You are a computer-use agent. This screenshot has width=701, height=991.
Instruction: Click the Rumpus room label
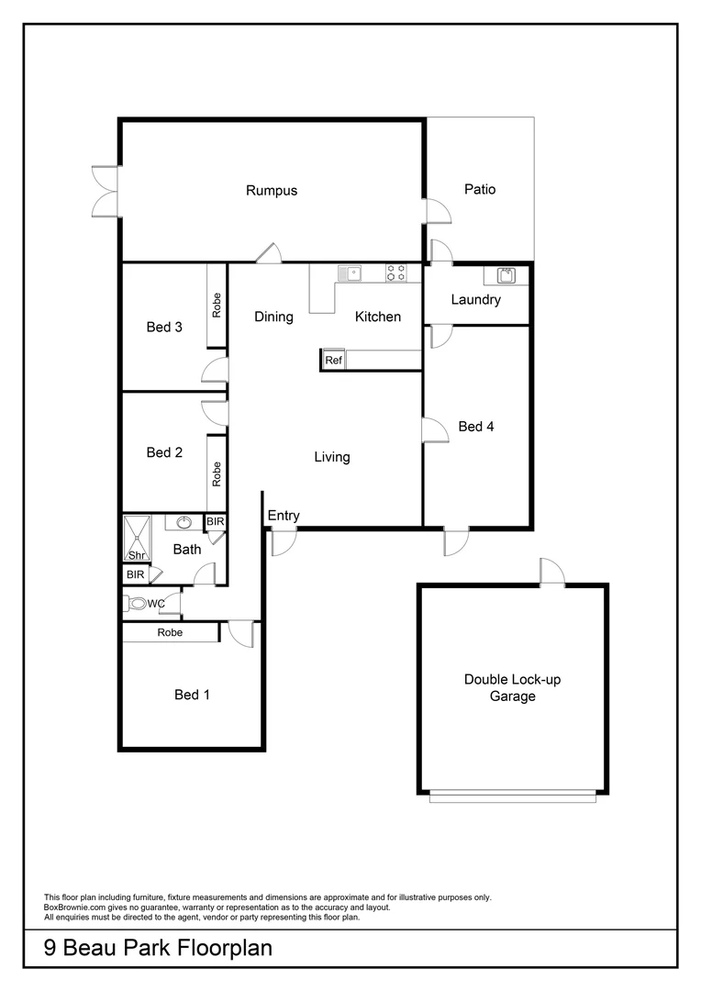coord(272,191)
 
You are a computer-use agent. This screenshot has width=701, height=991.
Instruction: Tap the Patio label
coord(479,189)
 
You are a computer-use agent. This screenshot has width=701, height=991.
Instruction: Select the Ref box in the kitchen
coord(333,361)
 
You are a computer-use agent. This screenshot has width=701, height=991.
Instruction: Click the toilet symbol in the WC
coord(138,604)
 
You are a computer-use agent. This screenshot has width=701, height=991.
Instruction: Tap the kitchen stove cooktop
coord(396,273)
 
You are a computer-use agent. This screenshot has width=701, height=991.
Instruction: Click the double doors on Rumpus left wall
coord(106,191)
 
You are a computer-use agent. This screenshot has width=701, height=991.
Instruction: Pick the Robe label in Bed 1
coord(170,632)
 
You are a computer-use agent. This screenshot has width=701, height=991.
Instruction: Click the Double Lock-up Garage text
coord(512,687)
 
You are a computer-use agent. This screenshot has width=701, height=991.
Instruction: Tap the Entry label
coord(284,516)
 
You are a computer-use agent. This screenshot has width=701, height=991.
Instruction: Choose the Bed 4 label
coord(476,426)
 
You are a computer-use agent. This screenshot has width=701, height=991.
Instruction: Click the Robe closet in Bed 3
coord(217,306)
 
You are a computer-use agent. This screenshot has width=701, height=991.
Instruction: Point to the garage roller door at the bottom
coord(512,798)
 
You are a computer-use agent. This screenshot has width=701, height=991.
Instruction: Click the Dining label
coord(273,317)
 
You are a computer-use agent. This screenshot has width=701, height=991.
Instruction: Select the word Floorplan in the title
coord(219,948)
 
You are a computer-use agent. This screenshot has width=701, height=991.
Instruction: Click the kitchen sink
coord(350,273)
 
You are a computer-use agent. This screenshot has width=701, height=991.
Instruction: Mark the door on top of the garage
coord(552,573)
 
